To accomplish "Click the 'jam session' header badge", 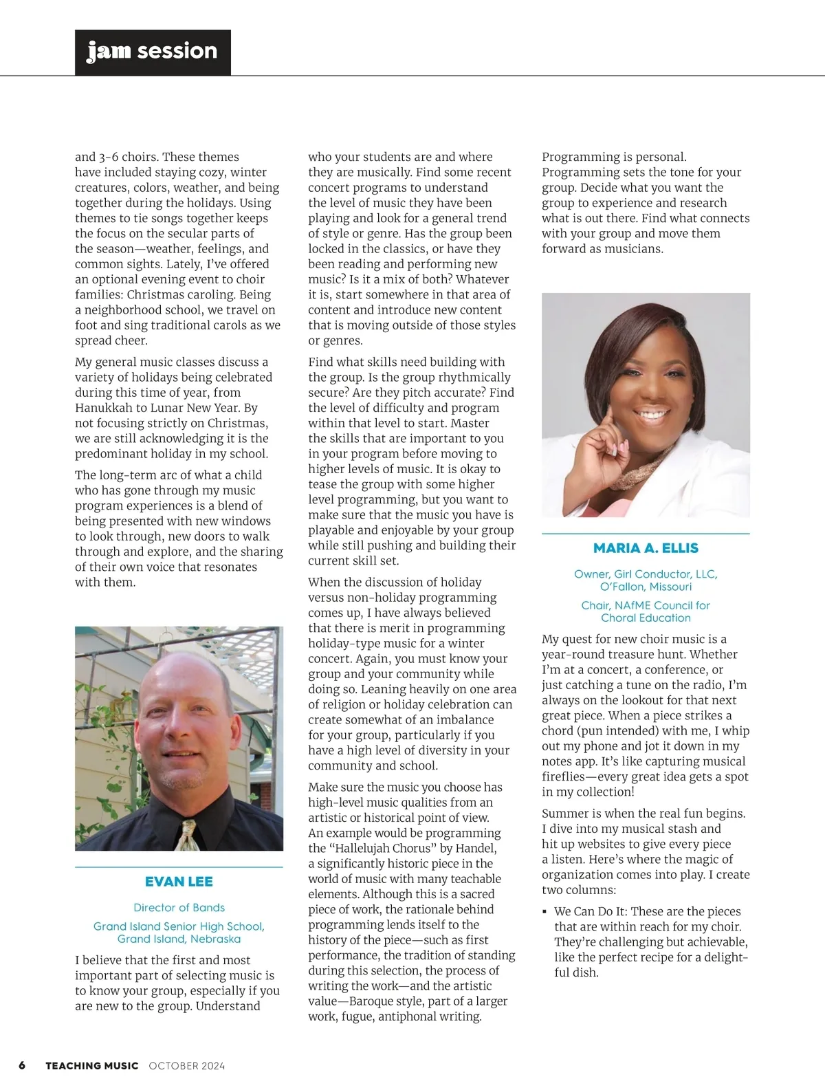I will click(153, 52).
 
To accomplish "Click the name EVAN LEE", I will click(179, 882).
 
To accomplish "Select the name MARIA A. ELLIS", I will click(646, 548).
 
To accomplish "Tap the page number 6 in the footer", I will click(22, 1065).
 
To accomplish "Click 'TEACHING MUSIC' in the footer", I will click(92, 1066).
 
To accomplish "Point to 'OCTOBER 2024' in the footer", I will click(187, 1066).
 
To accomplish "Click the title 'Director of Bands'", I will click(179, 908).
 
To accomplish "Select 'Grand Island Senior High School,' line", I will click(179, 926).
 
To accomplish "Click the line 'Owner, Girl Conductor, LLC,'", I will click(646, 574).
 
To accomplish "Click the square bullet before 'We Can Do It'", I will click(545, 912).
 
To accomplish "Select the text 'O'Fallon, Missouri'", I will click(646, 587).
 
